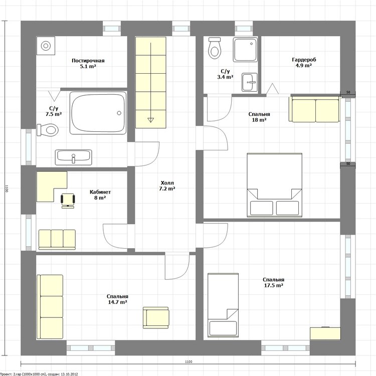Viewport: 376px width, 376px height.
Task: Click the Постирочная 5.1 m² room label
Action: pos(88,63)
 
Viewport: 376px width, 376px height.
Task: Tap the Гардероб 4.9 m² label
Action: pos(304,62)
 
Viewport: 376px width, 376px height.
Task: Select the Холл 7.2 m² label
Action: pos(167,186)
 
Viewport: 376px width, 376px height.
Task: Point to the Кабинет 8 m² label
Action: pos(100,195)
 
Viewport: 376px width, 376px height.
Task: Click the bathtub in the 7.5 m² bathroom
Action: pos(98,113)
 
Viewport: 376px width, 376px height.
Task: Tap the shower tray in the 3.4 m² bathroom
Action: pos(245,49)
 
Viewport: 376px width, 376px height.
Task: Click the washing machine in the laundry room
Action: pos(46,46)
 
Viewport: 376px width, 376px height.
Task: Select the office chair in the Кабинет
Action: pos(68,200)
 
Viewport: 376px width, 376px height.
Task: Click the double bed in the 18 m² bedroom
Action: pos(274,185)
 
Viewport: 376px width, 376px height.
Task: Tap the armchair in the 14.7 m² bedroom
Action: pos(156,317)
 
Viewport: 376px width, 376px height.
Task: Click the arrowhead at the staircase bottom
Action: pos(150,120)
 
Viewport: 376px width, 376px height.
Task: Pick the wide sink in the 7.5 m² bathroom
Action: pos(73,157)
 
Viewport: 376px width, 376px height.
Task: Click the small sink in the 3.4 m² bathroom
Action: pos(249,82)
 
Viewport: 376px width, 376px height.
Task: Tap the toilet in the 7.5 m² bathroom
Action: pos(48,130)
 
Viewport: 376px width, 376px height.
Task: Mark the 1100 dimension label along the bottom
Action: pos(189,362)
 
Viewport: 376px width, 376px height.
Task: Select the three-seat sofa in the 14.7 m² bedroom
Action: pos(50,307)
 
